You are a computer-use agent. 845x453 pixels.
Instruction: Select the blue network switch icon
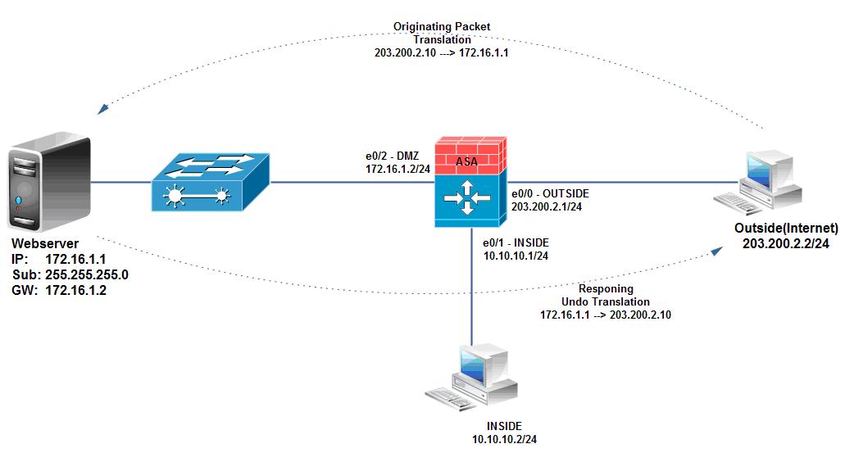coord(210,183)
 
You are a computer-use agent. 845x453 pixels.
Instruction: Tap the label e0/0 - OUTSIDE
coord(550,194)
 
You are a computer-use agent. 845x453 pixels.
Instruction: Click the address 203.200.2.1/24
coord(547,207)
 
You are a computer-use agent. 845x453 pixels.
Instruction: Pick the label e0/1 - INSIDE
coord(516,243)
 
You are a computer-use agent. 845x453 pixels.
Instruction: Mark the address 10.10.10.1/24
coord(516,256)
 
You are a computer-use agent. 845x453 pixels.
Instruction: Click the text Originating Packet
coord(443,27)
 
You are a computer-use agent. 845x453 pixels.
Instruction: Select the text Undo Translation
coord(606,302)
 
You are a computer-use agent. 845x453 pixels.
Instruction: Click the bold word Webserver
coord(45,245)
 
